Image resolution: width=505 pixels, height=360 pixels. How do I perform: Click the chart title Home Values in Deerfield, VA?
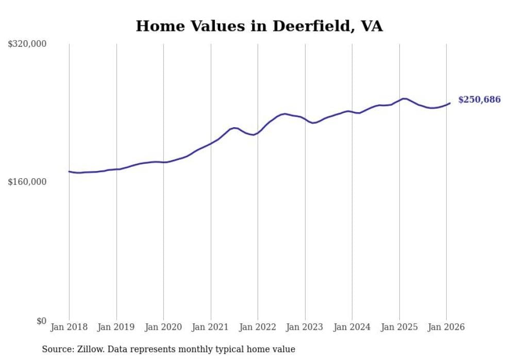point(259,26)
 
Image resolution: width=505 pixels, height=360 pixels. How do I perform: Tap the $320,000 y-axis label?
point(27,44)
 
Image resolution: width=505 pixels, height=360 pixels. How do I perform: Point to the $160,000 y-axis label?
point(27,182)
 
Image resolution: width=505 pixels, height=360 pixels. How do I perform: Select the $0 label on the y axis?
point(41,321)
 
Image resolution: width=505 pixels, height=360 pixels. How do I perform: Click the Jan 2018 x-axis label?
point(69,328)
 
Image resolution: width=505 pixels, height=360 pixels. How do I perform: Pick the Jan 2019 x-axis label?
point(116,328)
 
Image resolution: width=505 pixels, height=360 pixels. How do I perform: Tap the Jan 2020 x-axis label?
point(163,328)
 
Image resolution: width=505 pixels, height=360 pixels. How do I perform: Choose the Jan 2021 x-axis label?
point(210,328)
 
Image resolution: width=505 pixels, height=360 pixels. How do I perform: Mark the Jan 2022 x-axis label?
point(258,328)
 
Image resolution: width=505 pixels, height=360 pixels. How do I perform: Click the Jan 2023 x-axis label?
point(305,328)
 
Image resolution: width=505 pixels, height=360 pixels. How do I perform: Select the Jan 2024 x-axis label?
point(352,328)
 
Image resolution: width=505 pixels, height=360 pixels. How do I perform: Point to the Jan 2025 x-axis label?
point(399,328)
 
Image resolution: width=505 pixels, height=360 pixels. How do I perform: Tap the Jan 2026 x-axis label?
point(446,328)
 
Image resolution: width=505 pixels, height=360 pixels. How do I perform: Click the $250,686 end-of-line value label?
point(479,100)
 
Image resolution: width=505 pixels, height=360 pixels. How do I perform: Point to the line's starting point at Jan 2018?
point(69,172)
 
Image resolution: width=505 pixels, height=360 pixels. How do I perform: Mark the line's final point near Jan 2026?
point(450,103)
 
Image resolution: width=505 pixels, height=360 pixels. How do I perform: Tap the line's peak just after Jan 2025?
point(404,98)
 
